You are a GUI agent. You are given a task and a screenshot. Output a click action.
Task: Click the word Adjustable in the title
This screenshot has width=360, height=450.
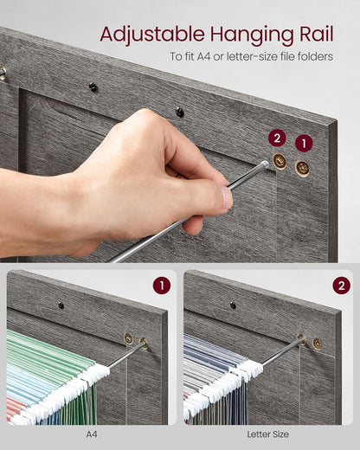coord(142,34)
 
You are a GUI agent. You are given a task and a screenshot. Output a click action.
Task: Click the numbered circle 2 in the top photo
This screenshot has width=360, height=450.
coord(277,138)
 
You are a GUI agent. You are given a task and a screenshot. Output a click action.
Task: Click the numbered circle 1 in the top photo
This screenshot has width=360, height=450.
coord(303,144)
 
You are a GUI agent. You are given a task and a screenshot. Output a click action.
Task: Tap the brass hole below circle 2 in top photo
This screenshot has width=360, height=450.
coord(280,161)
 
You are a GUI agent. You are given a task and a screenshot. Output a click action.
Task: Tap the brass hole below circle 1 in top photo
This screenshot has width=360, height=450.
coord(302,168)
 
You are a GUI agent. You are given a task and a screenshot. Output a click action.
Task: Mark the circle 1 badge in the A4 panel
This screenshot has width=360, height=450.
coord(162,286)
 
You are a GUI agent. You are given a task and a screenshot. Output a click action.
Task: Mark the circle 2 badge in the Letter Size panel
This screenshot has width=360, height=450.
coord(341,286)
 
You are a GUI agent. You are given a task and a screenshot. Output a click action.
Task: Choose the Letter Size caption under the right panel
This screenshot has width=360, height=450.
coord(269,434)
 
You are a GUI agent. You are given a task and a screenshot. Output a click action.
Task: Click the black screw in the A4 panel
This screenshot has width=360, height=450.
coord(61,305)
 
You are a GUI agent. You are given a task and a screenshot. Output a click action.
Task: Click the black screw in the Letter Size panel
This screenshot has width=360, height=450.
coord(233,305)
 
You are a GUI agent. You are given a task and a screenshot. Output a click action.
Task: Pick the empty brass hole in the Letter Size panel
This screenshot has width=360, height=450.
coord(318,344)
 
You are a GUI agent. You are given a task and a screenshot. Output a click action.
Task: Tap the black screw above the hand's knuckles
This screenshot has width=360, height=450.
coord(180,111)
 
